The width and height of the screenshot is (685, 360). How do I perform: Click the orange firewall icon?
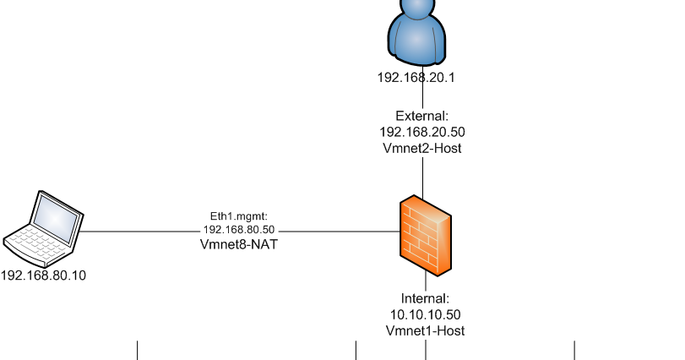(426, 236)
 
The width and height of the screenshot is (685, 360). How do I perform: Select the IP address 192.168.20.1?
(416, 77)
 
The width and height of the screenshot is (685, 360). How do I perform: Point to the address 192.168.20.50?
(422, 132)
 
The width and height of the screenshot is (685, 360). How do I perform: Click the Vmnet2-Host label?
(422, 148)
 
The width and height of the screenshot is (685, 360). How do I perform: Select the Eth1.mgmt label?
(239, 216)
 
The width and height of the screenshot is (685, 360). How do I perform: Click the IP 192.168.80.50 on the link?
(239, 230)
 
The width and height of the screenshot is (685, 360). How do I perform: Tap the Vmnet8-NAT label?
(239, 244)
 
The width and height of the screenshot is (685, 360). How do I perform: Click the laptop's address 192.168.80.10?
(44, 275)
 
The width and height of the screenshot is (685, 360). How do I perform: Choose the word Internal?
(425, 298)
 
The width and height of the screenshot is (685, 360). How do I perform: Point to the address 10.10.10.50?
(425, 314)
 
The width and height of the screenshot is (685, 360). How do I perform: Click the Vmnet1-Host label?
(425, 330)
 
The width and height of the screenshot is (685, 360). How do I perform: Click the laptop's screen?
(57, 216)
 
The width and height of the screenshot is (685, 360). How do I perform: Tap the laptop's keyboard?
(32, 243)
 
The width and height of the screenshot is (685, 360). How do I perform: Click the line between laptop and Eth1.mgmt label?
(139, 231)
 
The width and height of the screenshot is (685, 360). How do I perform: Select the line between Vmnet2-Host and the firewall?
(422, 176)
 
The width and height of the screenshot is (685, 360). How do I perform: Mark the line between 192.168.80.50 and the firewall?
(338, 231)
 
